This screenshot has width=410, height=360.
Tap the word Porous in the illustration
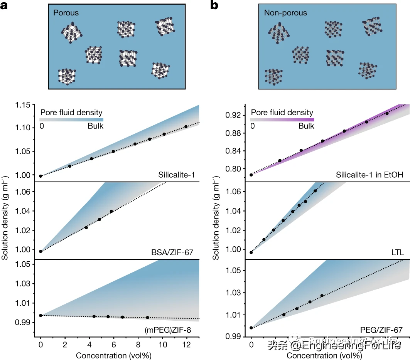[66, 13]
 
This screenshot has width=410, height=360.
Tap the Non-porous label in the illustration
[285, 13]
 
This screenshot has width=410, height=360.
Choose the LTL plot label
[397, 253]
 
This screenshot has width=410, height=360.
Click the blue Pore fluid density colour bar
[72, 119]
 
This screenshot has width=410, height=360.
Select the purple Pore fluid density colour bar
[282, 119]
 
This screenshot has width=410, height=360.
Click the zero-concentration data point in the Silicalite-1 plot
[41, 176]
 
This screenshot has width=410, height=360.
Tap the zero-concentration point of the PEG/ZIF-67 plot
[251, 328]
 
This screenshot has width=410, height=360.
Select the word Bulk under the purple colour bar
[306, 126]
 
